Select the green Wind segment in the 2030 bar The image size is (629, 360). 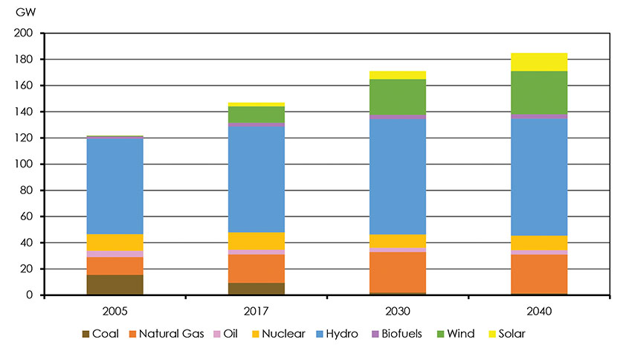pyautogui.click(x=397, y=97)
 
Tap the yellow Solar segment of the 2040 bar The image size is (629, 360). pyautogui.click(x=539, y=62)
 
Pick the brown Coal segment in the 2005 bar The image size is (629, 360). pyautogui.click(x=115, y=285)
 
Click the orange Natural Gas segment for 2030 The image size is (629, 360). pyautogui.click(x=397, y=271)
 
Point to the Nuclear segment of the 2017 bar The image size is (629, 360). pyautogui.click(x=257, y=241)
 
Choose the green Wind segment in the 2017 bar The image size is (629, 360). pyautogui.click(x=257, y=115)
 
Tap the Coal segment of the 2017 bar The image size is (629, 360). pyautogui.click(x=257, y=289)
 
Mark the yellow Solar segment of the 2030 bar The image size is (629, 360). pyautogui.click(x=397, y=74)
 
